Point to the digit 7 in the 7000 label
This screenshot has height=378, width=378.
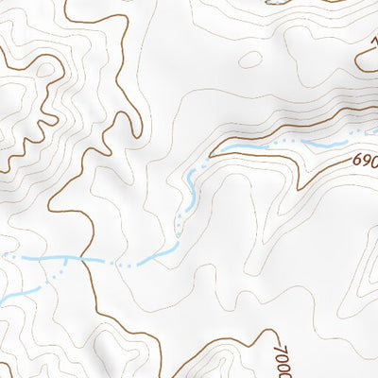pos(280,341)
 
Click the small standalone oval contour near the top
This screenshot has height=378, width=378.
pos(250,60)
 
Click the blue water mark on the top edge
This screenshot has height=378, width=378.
pos(274,3)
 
